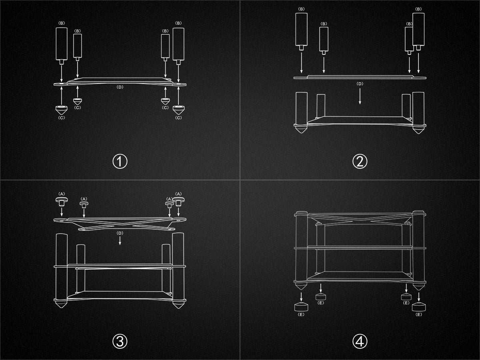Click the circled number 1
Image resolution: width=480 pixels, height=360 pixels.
point(120,162)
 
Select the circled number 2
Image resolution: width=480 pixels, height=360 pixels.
point(360,162)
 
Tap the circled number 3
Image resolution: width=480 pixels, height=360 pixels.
point(120,342)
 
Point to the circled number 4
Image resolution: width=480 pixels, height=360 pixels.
point(360,342)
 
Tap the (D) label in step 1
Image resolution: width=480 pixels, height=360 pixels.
point(120,87)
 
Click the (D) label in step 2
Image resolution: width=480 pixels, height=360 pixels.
point(360,84)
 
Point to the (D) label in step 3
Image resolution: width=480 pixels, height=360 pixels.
point(120,233)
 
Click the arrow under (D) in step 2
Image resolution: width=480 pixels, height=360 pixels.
point(360,96)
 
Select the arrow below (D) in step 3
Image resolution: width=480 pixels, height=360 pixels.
point(120,240)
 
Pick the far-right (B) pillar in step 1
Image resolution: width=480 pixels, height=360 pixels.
point(178,46)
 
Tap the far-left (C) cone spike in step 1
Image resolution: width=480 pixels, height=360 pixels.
point(62,110)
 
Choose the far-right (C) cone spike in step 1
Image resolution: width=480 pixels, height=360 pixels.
point(178,110)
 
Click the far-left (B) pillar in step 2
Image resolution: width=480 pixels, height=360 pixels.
point(301,32)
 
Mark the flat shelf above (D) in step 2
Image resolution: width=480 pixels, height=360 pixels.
point(360,77)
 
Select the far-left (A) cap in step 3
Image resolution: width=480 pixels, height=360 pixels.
point(62,202)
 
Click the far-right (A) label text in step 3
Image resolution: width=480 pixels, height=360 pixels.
point(178,194)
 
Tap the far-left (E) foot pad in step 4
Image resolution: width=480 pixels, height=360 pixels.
point(301,307)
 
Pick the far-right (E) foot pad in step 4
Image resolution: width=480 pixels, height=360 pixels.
point(419,307)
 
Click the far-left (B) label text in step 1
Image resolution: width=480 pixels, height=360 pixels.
point(62,23)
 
